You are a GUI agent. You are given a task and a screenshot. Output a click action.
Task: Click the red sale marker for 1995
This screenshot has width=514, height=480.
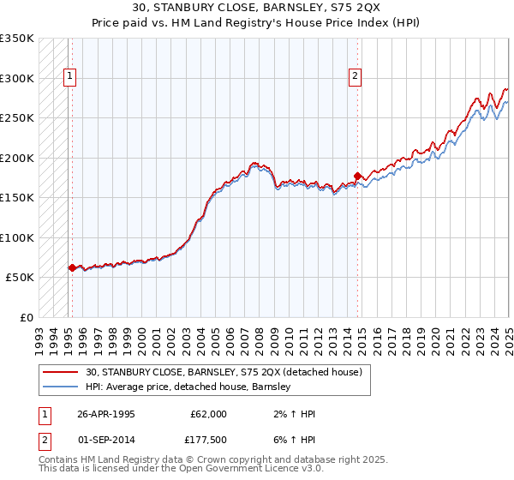(x=72, y=268)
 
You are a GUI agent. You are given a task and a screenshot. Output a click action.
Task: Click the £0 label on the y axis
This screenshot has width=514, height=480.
(x=26, y=317)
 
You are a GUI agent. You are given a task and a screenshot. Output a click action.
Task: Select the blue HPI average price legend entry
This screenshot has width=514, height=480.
(x=188, y=387)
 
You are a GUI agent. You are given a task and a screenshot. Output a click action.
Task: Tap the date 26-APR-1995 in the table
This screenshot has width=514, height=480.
(x=106, y=413)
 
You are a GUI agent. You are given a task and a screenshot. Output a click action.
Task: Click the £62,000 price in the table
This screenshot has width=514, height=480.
(x=209, y=413)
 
